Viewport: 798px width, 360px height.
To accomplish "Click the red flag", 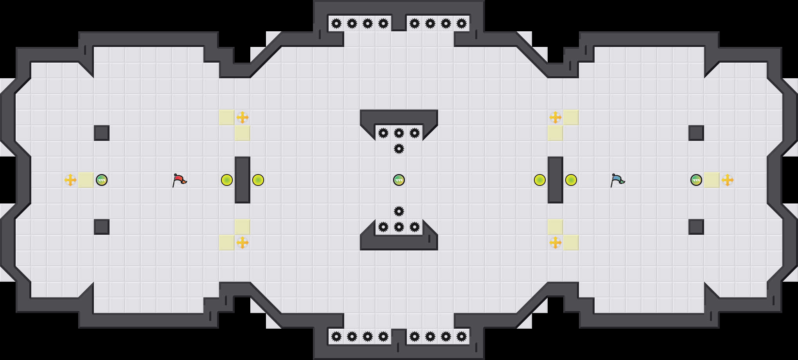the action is [x=179, y=180].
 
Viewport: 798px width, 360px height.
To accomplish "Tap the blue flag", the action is [x=617, y=180].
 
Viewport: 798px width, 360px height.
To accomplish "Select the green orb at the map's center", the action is [x=399, y=180].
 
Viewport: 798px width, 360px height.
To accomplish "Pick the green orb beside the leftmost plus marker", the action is [x=102, y=180].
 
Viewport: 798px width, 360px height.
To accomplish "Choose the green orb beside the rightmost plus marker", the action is [x=696, y=180].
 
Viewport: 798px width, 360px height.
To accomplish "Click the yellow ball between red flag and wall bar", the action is [x=227, y=180].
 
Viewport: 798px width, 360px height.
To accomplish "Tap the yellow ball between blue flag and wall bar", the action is [x=571, y=180].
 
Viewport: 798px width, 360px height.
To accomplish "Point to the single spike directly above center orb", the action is [x=399, y=149].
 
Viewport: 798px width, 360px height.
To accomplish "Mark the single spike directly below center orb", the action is [x=399, y=211].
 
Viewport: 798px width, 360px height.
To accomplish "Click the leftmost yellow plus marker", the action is [x=70, y=180].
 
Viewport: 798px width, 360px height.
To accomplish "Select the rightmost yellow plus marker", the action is [x=728, y=180].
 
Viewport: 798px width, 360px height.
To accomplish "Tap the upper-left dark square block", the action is [x=102, y=133].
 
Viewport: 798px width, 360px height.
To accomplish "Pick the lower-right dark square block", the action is [x=696, y=227].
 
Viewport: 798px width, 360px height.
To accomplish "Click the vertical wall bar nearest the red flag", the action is [x=243, y=180].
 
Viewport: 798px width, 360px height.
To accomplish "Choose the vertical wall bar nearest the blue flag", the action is [x=555, y=180].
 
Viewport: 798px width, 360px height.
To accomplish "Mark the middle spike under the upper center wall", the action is [x=399, y=133].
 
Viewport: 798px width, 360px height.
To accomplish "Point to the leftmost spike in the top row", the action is [x=336, y=23].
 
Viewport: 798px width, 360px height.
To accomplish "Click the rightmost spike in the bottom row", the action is [x=462, y=337].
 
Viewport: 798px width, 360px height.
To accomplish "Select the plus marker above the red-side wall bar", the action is [x=243, y=117].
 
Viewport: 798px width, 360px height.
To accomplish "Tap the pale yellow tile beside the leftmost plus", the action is [x=86, y=180].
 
